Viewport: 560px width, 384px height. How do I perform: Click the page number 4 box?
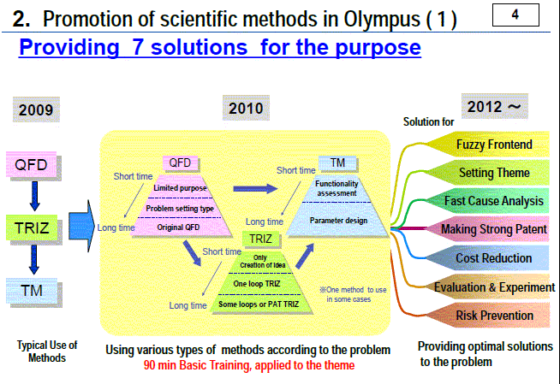515,15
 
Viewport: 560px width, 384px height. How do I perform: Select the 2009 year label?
36,109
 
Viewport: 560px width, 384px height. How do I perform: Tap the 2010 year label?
246,108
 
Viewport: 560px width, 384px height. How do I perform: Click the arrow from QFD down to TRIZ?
34,196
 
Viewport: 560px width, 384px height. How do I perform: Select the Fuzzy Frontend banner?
488,145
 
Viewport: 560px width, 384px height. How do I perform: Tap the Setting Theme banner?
488,173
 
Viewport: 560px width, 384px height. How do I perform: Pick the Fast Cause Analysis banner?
488,201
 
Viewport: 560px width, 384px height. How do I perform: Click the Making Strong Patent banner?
488,229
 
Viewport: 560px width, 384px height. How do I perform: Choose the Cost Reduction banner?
488,257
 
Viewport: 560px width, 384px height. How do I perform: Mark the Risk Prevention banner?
488,316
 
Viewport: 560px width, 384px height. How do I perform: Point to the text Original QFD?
178,227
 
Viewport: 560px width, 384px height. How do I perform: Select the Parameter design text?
338,221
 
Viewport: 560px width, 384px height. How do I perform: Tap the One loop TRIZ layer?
257,284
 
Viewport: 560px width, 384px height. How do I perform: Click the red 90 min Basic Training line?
249,365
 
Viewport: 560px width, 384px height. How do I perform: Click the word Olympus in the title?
382,20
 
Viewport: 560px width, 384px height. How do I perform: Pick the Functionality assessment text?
337,188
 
